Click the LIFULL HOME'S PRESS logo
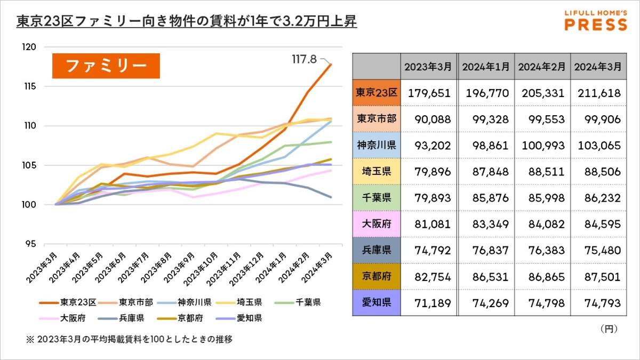595,20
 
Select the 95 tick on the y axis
45,244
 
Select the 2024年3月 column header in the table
597,67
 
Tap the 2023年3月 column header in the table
428,67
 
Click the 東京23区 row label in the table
377,93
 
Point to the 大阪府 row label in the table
377,224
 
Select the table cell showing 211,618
597,93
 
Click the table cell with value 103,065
597,146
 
